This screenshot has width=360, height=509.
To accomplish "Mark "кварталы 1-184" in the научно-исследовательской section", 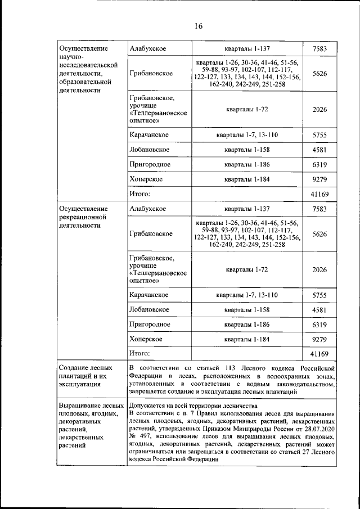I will (x=247, y=179).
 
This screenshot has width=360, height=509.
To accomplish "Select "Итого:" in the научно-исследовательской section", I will (x=139, y=194).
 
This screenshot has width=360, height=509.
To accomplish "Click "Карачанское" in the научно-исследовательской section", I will (x=149, y=136).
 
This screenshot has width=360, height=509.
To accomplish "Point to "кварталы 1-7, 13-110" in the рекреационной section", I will (x=247, y=295).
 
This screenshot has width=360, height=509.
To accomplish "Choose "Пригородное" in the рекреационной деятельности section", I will (x=150, y=325).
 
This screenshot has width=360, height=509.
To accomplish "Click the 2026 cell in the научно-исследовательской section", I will (x=319, y=109).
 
